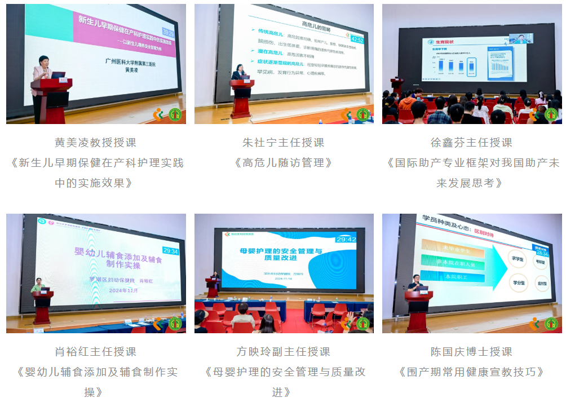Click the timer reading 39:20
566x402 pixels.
pos(168,32)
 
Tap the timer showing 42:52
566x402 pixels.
pos(357,39)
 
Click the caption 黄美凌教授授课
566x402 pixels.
pos(95,143)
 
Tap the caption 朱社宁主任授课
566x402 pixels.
pos(284,143)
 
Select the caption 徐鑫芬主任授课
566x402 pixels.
pos(471,143)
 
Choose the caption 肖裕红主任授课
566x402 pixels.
pos(95,352)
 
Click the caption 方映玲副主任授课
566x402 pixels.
pos(284,352)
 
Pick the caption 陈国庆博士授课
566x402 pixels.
pos(471,352)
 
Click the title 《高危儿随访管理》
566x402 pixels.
pos(284,163)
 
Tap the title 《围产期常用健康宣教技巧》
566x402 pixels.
pos(471,372)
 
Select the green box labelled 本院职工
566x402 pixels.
pos(452,277)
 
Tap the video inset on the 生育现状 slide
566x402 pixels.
pos(522,38)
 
